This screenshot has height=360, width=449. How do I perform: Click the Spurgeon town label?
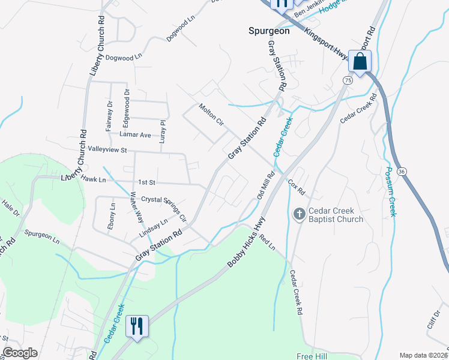(269, 31)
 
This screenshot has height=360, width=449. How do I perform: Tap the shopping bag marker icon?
(360, 61)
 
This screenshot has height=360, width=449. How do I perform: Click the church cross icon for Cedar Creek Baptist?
(299, 214)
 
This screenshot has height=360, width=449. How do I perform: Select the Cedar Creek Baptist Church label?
(336, 215)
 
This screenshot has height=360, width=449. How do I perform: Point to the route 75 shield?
(348, 80)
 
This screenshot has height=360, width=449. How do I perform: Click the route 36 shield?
(402, 172)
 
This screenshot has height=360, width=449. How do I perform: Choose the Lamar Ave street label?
(137, 135)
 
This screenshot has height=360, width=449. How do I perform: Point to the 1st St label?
(147, 182)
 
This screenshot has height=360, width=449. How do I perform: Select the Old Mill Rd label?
(265, 185)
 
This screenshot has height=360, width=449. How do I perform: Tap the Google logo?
(20, 353)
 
